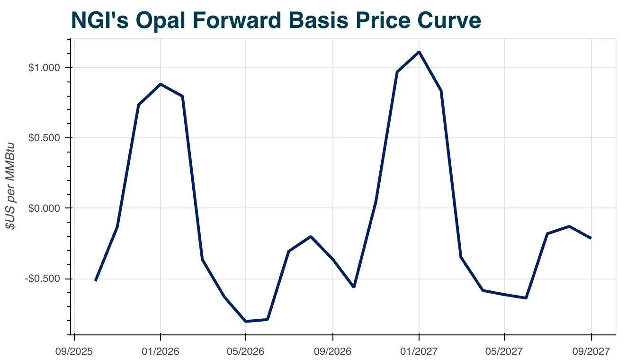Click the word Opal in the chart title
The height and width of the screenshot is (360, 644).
[x=159, y=20]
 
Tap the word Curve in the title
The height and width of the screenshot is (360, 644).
[x=447, y=20]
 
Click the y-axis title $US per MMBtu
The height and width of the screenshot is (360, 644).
[x=11, y=186]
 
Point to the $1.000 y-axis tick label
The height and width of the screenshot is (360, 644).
[x=45, y=68]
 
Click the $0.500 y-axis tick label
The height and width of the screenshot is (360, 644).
[x=45, y=138]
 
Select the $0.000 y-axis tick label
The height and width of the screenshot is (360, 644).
[x=45, y=208]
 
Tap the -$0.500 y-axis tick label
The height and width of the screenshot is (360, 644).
[x=43, y=279]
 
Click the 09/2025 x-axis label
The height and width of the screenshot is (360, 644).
[x=74, y=351]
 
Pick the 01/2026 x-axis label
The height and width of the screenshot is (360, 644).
[x=161, y=351]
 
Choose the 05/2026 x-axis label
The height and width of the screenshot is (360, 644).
[x=246, y=351]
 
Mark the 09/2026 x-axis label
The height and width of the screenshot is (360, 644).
[x=333, y=351]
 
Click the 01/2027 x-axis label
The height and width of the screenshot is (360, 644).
[x=419, y=351]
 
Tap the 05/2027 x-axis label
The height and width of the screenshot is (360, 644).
[x=504, y=351]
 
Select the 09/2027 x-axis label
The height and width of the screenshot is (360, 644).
[x=591, y=351]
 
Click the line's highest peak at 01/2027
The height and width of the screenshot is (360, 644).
[x=419, y=52]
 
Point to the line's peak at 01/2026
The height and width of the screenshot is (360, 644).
[x=161, y=84]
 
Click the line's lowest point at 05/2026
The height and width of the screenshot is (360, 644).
[x=246, y=321]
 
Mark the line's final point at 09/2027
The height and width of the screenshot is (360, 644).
[x=591, y=238]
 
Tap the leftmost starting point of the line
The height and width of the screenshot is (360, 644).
[x=96, y=280]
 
